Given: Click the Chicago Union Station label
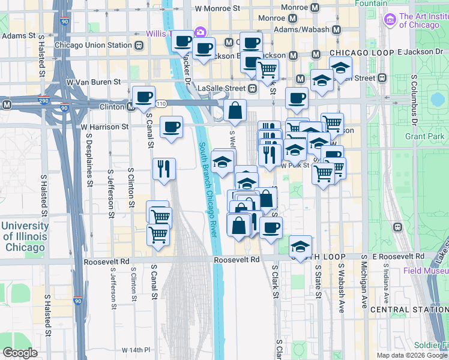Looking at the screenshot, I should click(92, 45).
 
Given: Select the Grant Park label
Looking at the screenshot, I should click(424, 136).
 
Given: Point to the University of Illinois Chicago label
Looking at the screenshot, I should click(25, 236).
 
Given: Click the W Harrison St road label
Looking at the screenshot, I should click(104, 127).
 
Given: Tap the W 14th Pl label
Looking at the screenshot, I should click(135, 349).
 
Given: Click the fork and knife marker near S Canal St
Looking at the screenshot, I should click(164, 169).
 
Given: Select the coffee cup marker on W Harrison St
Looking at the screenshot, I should click(172, 127).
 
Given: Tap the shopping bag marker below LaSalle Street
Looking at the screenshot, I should click(235, 110).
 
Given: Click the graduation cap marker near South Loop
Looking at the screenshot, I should click(300, 246).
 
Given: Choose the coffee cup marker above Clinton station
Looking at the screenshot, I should click(144, 97).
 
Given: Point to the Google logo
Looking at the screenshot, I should click(20, 353).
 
